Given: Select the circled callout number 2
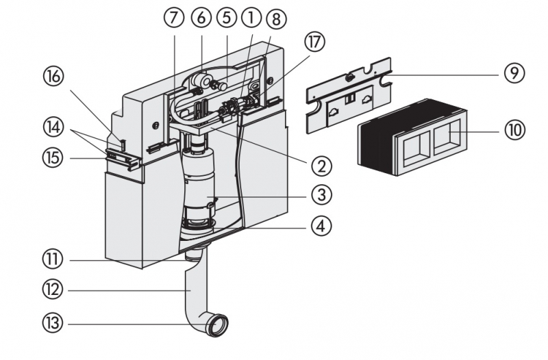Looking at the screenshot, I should coord(321,165).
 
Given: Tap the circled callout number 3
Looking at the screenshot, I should coord(321,195).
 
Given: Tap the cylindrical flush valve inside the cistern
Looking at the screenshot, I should coord(201,185).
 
